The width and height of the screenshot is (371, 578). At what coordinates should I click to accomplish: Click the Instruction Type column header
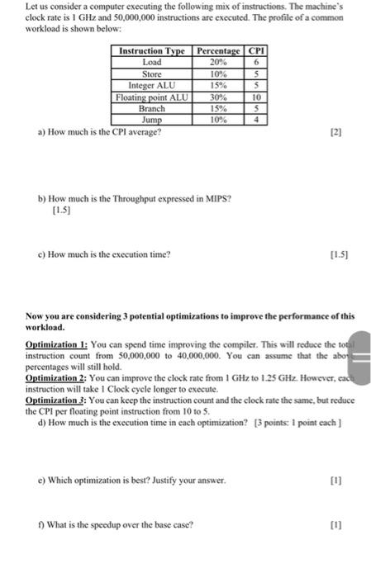[152, 51]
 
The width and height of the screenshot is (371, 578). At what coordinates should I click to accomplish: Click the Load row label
[152, 62]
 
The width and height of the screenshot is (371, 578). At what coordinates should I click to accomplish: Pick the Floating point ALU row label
[152, 97]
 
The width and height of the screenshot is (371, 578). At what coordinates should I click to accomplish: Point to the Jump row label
[152, 121]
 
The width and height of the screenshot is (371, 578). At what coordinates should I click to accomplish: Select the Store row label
[152, 73]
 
